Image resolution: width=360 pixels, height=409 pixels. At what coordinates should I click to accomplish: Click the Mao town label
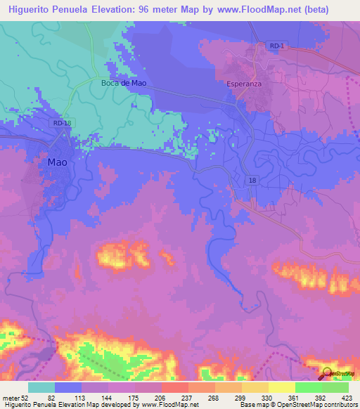[x=58, y=162]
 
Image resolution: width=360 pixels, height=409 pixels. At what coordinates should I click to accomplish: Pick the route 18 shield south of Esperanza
[x=252, y=181]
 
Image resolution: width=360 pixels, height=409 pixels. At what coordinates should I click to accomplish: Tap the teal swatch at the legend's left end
[x=41, y=387]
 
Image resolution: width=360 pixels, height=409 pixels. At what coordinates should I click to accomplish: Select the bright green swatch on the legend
[x=308, y=387]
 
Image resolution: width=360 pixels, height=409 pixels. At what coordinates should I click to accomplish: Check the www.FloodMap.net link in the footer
[x=162, y=404]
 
